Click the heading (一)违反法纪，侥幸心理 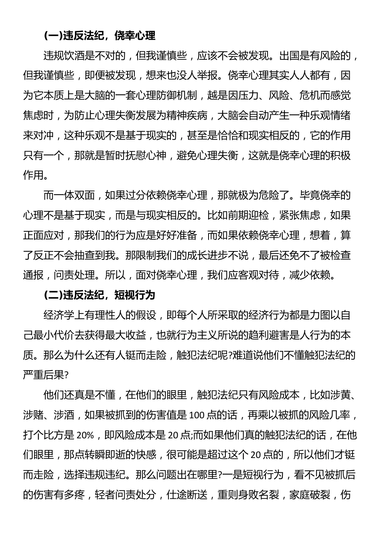coord(99,36)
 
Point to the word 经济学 coord(59,315)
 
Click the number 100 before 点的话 coord(196,415)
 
